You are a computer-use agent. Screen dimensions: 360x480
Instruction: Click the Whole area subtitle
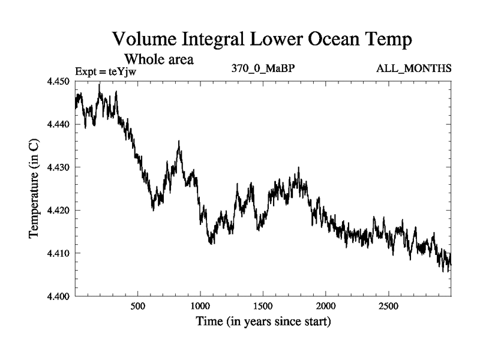click(159, 59)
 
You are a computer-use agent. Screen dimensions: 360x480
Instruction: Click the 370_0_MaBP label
click(263, 68)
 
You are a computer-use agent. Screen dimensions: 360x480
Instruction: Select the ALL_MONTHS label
click(413, 68)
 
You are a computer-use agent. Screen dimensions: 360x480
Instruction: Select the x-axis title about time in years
click(263, 322)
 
